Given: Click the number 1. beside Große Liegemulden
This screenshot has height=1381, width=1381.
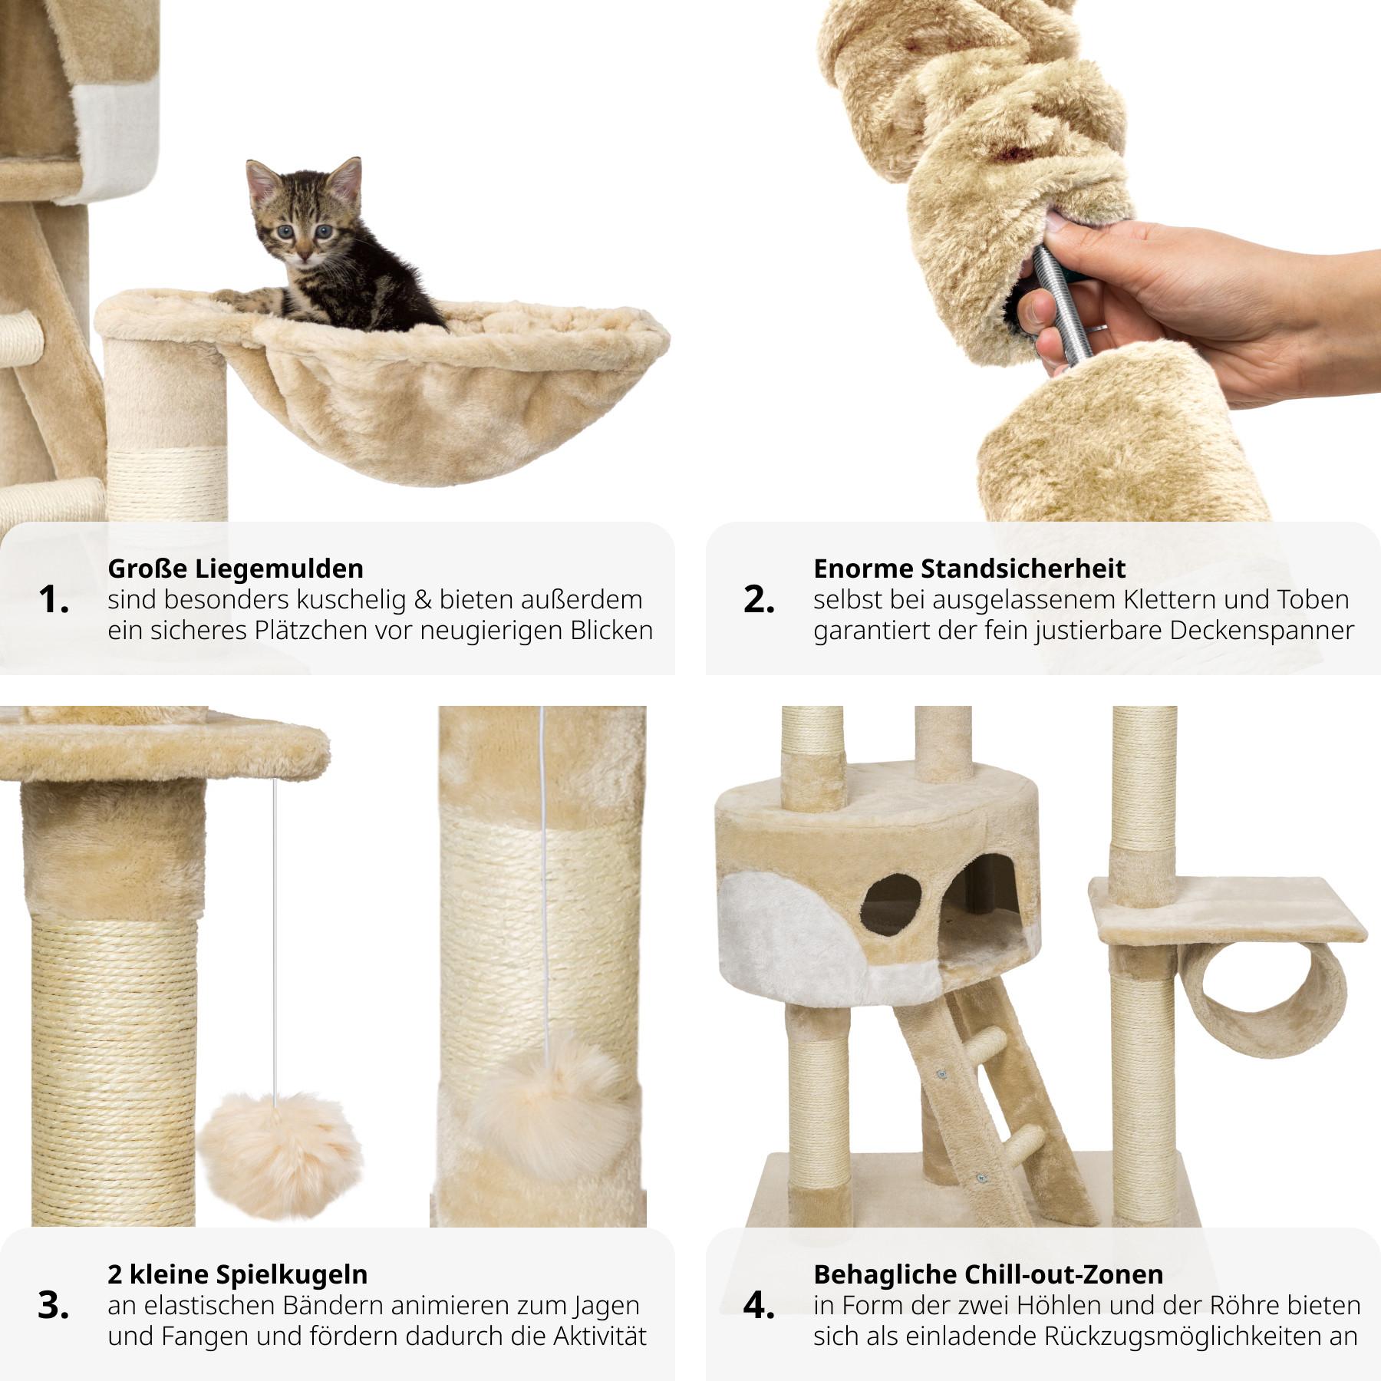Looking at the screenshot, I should click(x=53, y=600).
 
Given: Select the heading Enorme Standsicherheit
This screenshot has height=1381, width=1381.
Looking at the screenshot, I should click(x=969, y=569).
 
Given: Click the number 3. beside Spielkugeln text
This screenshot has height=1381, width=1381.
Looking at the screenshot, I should click(x=53, y=1306).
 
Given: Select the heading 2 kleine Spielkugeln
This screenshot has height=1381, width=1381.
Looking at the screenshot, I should click(x=237, y=1274).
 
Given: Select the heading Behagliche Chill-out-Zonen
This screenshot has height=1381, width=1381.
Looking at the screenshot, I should click(x=987, y=1274).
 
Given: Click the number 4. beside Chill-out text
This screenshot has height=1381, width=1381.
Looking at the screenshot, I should click(x=759, y=1306).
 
